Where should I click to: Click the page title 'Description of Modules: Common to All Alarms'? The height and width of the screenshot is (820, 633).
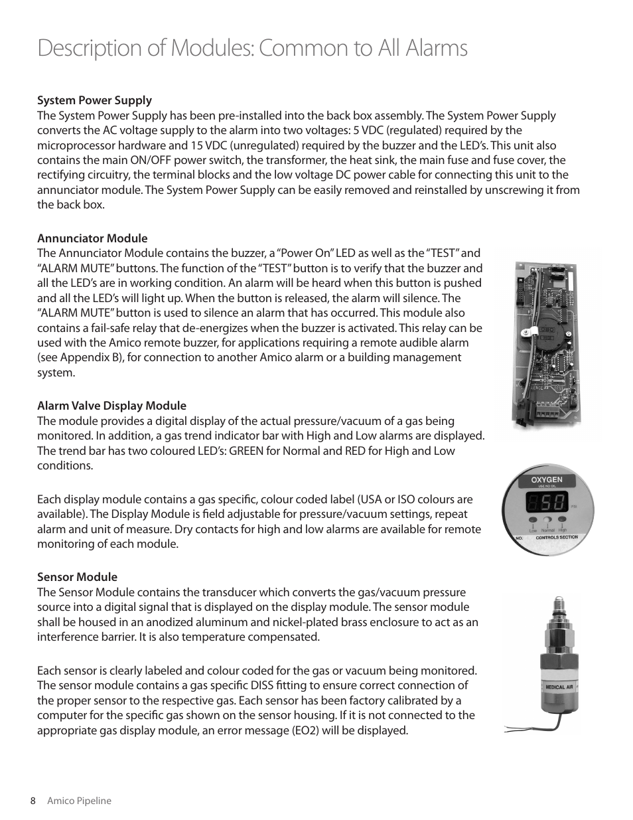pyautogui.click(x=252, y=48)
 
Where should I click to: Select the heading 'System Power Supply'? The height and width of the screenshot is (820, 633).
pyautogui.click(x=94, y=100)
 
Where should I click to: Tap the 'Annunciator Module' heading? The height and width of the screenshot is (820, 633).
pyautogui.click(x=92, y=238)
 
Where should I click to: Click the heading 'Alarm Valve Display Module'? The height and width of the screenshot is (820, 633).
pyautogui.click(x=111, y=406)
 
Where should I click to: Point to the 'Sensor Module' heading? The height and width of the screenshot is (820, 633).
pyautogui.click(x=77, y=577)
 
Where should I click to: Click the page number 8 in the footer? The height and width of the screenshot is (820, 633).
pyautogui.click(x=33, y=801)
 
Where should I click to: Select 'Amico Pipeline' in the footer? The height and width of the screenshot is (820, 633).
pyautogui.click(x=79, y=801)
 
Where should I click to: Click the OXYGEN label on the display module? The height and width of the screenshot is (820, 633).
pyautogui.click(x=547, y=479)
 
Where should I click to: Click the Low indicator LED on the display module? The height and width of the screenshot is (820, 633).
pyautogui.click(x=533, y=522)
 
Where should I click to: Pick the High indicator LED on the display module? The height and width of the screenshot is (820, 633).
pyautogui.click(x=562, y=522)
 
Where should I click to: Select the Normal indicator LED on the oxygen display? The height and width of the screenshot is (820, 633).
pyautogui.click(x=547, y=522)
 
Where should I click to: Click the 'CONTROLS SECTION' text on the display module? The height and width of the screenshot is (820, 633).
pyautogui.click(x=556, y=537)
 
